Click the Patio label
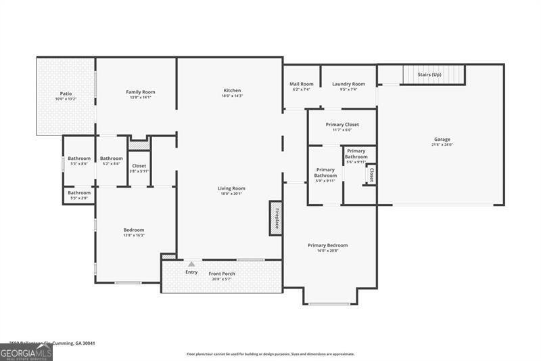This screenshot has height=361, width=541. [66, 93]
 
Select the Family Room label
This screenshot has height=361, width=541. [141, 92]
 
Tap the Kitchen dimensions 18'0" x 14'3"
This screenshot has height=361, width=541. [232, 96]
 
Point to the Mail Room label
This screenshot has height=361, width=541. [302, 84]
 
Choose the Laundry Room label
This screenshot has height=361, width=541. [348, 84]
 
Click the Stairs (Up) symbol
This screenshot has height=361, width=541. [433, 74]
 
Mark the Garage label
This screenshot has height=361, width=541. [442, 140]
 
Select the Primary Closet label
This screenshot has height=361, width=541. [342, 125]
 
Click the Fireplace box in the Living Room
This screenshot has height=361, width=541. [276, 217]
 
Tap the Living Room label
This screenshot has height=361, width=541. [231, 188]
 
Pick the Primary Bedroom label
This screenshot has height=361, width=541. [328, 245]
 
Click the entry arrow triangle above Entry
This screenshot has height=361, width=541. [191, 264]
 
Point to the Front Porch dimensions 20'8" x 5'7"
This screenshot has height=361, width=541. [222, 279]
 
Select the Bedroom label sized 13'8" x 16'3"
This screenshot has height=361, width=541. [133, 230]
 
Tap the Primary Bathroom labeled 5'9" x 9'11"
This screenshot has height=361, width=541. [325, 173]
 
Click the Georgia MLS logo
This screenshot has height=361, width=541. [26, 352]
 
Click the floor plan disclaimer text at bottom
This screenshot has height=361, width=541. [270, 354]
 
